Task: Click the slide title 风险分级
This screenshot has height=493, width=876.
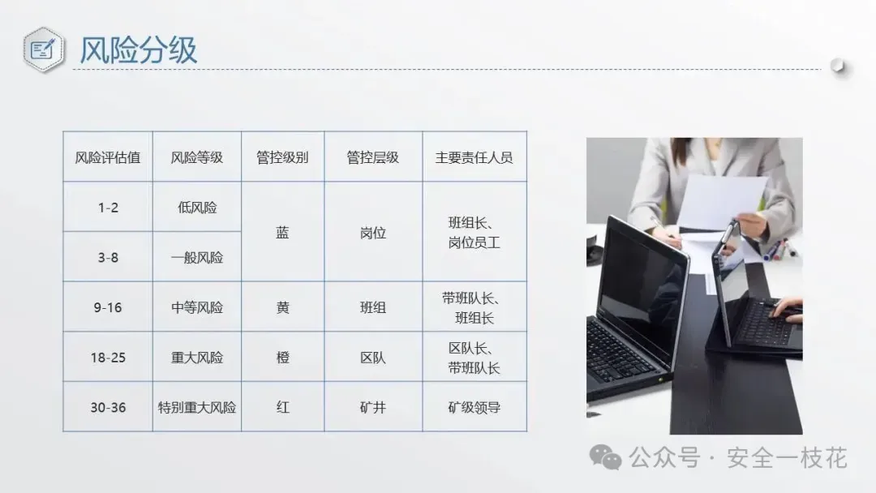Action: [138, 50]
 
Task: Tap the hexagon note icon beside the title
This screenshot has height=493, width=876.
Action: [44, 49]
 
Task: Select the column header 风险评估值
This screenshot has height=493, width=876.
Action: [108, 157]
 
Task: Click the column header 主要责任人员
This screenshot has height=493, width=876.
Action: [474, 157]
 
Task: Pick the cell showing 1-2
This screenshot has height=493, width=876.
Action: [108, 208]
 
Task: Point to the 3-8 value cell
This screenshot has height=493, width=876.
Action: [108, 257]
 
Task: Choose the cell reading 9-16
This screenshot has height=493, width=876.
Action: [108, 307]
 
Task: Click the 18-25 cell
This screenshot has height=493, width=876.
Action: [108, 358]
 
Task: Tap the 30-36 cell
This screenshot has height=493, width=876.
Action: [108, 408]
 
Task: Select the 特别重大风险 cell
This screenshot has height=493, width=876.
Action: [196, 408]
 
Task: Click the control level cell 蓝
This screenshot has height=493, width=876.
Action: [282, 232]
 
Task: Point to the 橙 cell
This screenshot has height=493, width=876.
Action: [283, 358]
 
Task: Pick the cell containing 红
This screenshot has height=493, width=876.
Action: [283, 408]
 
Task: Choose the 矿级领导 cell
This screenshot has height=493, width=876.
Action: [474, 408]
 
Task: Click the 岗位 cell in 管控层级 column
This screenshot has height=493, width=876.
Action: [372, 233]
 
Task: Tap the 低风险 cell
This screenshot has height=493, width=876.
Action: [196, 208]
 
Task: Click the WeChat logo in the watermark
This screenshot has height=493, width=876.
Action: [605, 457]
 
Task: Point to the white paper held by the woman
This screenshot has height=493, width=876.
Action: [721, 202]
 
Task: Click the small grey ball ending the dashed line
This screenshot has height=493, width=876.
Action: [837, 66]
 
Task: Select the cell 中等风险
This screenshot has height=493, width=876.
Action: [196, 307]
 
